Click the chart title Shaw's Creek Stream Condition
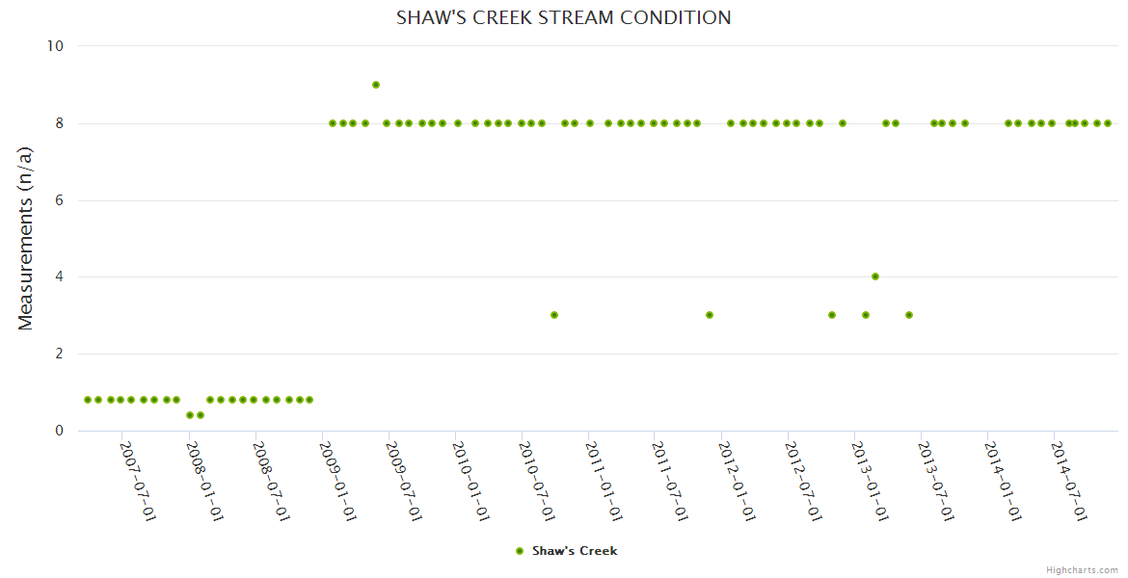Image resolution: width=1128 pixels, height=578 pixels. tap(563, 18)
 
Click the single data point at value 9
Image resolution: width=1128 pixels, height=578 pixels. tap(376, 85)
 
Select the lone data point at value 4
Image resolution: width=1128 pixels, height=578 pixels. tap(875, 276)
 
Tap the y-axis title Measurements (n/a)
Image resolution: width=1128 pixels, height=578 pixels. tap(26, 238)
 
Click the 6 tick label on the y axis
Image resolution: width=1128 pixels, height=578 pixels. tap(59, 200)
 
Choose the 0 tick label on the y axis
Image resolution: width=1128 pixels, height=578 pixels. tap(59, 431)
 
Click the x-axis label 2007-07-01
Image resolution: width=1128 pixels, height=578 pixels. tap(138, 481)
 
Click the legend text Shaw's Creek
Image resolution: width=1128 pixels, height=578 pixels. tap(575, 551)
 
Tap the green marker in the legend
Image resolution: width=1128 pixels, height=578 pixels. tap(520, 551)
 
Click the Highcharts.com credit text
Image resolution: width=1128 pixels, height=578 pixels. tap(1082, 569)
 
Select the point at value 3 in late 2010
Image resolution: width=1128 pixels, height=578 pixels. tap(554, 315)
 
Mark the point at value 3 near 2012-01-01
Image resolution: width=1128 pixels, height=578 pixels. tap(710, 315)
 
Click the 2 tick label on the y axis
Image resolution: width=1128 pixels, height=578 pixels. tap(59, 354)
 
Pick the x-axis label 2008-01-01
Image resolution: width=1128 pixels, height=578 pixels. tap(204, 481)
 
